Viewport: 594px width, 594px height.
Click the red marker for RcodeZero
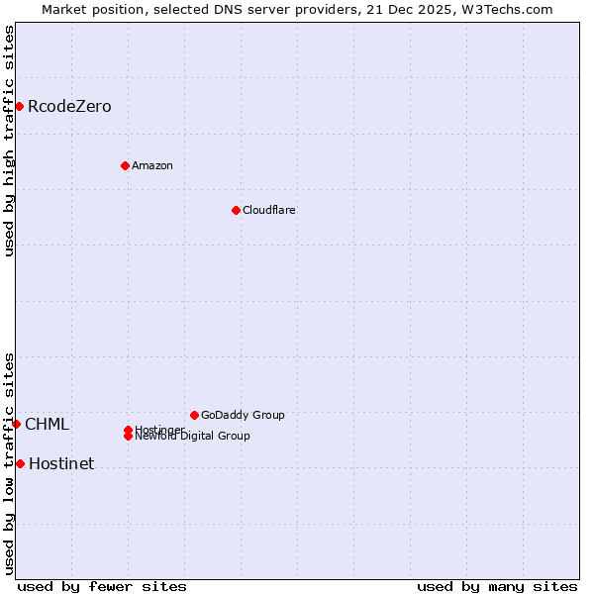(x=19, y=106)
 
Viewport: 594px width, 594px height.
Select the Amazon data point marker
(x=125, y=165)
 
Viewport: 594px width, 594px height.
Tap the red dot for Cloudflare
(x=236, y=210)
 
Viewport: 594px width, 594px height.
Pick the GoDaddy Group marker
(x=194, y=415)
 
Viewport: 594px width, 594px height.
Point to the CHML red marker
(x=16, y=424)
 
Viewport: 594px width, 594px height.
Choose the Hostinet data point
(x=20, y=463)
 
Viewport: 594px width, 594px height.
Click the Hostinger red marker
(x=128, y=430)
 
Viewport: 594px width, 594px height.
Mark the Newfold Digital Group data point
(x=128, y=437)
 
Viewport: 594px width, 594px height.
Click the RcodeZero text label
(x=69, y=106)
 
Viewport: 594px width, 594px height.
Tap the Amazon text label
(x=152, y=165)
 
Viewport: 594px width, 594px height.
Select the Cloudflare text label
(x=269, y=210)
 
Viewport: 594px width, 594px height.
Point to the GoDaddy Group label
(x=243, y=415)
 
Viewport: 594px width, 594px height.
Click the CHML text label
(x=48, y=424)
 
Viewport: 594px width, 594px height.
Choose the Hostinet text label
(x=61, y=463)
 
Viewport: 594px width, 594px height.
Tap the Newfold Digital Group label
(x=193, y=437)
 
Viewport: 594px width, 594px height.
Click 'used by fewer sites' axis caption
(x=102, y=586)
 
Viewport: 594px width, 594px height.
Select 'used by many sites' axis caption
(x=497, y=586)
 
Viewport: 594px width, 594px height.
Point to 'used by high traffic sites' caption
(x=9, y=141)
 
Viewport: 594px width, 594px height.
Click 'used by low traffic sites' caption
(x=9, y=463)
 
